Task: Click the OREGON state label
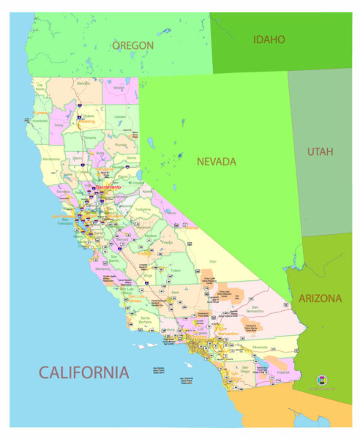point(132,45)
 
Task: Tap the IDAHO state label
point(269,40)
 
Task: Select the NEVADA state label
point(217,161)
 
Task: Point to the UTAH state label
point(320,152)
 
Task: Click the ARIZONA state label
point(320,299)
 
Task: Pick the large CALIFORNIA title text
point(83,372)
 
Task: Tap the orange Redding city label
point(88,122)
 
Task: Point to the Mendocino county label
point(52,158)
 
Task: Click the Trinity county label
point(59,125)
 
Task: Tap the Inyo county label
point(213,260)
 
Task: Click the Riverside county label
point(260,347)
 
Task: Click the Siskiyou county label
point(84,83)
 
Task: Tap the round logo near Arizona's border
point(323,380)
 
